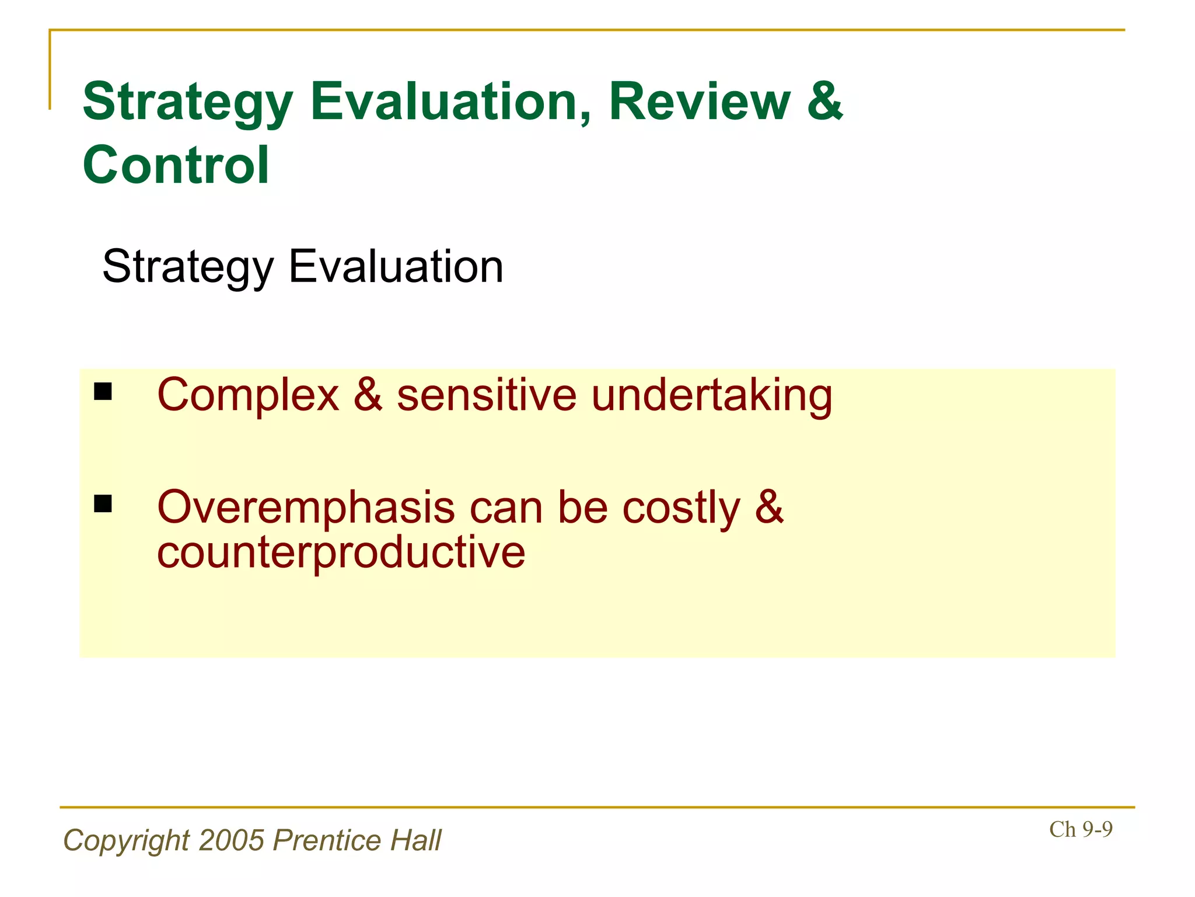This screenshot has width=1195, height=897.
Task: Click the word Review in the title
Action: click(699, 102)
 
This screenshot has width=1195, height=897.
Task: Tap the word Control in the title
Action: click(176, 165)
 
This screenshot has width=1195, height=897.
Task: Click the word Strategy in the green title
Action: click(187, 102)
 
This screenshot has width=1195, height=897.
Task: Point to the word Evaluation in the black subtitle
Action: click(396, 267)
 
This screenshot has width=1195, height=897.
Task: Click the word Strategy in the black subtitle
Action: click(188, 267)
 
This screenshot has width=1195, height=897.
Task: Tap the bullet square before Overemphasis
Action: click(103, 503)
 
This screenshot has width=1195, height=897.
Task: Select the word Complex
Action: click(248, 396)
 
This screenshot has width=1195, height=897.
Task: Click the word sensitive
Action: click(487, 396)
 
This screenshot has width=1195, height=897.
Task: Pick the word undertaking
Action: click(711, 396)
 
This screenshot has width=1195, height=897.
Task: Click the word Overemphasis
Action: click(306, 507)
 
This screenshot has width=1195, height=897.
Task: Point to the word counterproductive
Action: click(341, 552)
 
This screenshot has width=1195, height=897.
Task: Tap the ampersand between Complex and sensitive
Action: click(368, 396)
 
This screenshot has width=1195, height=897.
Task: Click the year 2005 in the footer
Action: click(232, 841)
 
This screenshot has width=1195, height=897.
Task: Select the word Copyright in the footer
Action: click(126, 841)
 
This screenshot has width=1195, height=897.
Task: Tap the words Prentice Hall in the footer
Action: click(357, 841)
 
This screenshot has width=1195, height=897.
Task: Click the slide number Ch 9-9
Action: click(1081, 829)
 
